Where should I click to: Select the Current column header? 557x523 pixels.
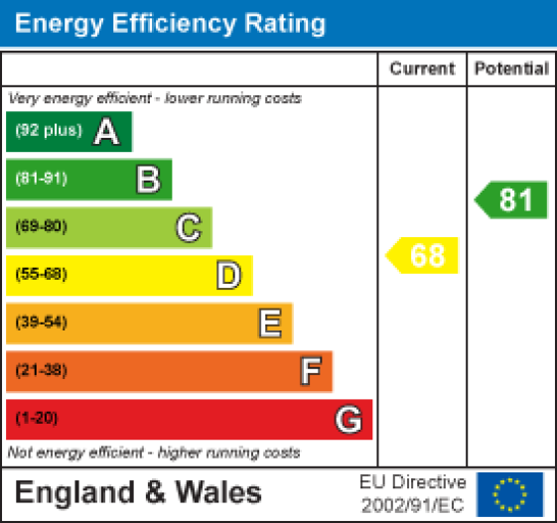point(422,69)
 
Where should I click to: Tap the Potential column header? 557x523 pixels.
point(511,69)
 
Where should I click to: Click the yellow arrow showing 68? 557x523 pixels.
point(424,255)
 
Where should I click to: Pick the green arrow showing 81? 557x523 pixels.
point(512,199)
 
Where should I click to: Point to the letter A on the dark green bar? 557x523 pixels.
point(106,132)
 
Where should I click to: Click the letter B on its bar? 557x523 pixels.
point(147,180)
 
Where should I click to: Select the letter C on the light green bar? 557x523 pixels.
point(188,227)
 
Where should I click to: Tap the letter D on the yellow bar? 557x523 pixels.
point(228,275)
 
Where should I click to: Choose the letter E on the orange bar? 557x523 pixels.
point(269,323)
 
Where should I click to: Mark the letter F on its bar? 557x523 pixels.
point(310,371)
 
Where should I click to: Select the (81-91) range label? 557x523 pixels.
point(41,180)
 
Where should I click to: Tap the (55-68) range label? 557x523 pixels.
point(41,275)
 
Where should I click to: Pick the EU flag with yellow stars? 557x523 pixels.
point(510,493)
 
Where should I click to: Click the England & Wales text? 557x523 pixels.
point(138,493)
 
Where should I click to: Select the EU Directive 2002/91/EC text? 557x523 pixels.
point(412,493)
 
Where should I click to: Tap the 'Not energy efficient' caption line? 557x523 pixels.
point(154,453)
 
